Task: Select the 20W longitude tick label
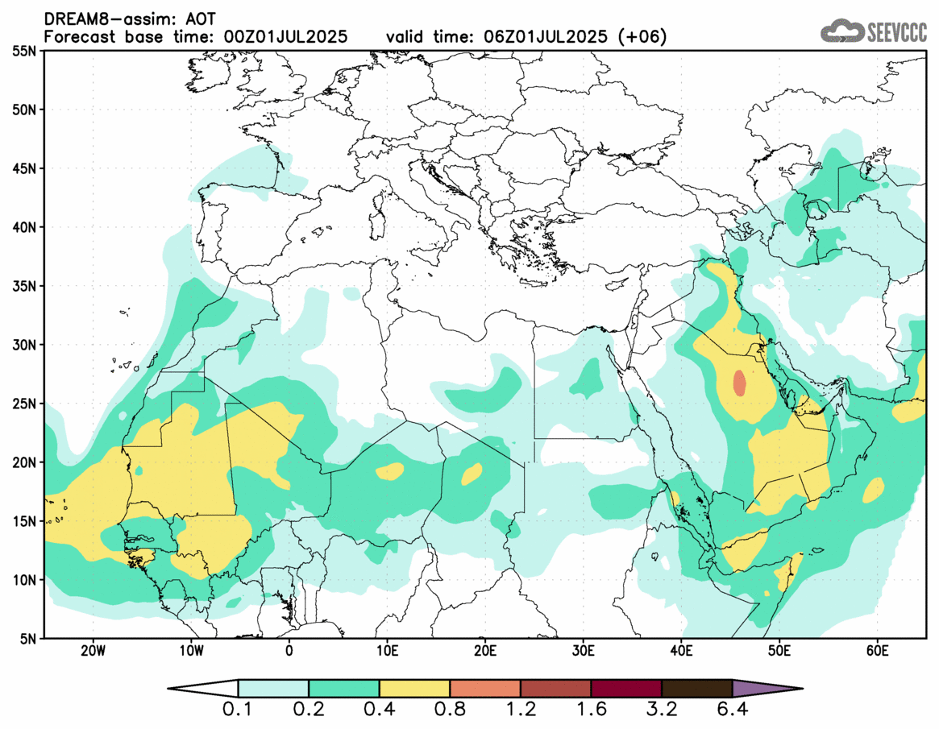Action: tap(93, 650)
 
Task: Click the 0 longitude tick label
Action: tap(289, 650)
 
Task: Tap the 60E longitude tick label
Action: tap(877, 650)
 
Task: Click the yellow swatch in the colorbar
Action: tap(414, 689)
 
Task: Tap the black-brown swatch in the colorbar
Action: tap(696, 689)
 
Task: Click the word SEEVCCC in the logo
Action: tap(897, 32)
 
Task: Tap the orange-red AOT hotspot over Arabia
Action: tap(739, 383)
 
